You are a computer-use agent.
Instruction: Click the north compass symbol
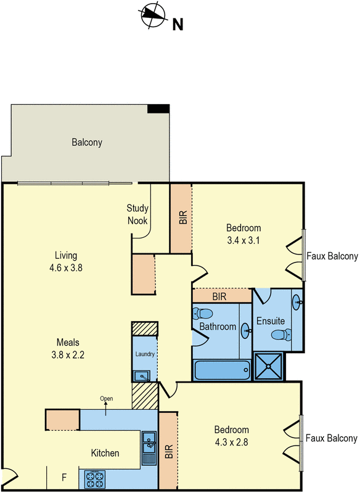pos(153,15)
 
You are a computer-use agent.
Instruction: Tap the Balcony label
pos(87,142)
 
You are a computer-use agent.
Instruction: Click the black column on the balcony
pos(158,109)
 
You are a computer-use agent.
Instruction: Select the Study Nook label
pos(137,214)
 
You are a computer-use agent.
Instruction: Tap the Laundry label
pos(145,354)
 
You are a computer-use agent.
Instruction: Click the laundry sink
pos(142,376)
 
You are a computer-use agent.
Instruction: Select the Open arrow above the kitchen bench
pos(105,409)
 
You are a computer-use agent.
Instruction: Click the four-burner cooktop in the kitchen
pos(95,479)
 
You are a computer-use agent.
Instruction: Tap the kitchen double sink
pos(149,442)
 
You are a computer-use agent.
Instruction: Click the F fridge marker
pos(64,478)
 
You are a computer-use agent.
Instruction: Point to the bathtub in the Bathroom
pos(222,370)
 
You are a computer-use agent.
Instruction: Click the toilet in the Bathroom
pos(203,314)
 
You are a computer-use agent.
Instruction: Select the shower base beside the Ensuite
pos(268,366)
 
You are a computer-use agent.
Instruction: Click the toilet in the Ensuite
pos(281,334)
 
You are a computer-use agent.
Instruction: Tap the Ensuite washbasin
pos(298,303)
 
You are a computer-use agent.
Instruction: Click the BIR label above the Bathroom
pos(219,296)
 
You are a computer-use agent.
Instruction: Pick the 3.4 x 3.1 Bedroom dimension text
pos(243,240)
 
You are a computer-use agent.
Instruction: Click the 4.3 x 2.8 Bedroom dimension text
pos(231,442)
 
